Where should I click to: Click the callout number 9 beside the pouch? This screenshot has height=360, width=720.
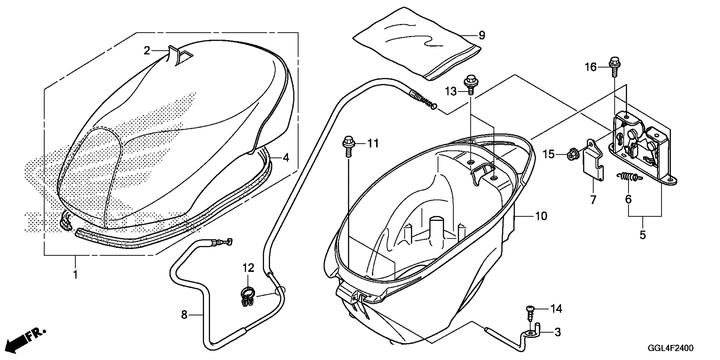482,36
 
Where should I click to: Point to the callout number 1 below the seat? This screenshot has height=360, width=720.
75,275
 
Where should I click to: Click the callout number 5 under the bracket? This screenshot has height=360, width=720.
642,235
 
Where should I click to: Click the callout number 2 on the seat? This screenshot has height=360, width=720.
147,51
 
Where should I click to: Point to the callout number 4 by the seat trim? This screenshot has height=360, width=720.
286,158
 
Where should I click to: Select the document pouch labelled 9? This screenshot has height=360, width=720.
414,45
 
